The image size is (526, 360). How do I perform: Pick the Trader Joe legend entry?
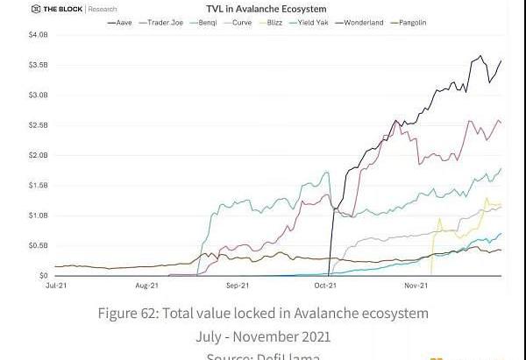[166, 22]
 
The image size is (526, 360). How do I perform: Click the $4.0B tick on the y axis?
[39, 35]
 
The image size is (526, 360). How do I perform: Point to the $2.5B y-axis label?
[39, 125]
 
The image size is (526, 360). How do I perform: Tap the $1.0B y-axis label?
[39, 215]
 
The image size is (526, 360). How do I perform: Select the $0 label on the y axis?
[43, 275]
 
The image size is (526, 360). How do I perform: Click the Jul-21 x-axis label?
[57, 286]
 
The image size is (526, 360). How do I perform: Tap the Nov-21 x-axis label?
[416, 286]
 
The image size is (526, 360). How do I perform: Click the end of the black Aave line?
[501, 60]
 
